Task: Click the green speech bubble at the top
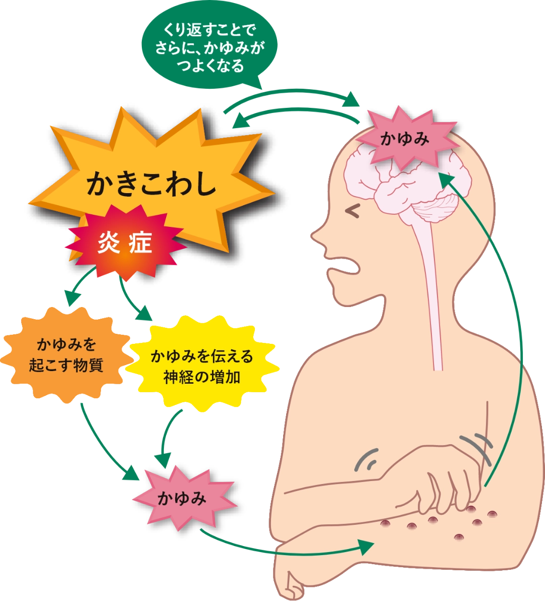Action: click(209, 46)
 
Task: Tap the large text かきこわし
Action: click(151, 185)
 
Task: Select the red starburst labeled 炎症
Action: click(126, 242)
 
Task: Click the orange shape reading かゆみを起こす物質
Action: click(66, 355)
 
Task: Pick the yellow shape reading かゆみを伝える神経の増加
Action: click(202, 366)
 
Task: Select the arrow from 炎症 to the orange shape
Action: click(78, 285)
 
